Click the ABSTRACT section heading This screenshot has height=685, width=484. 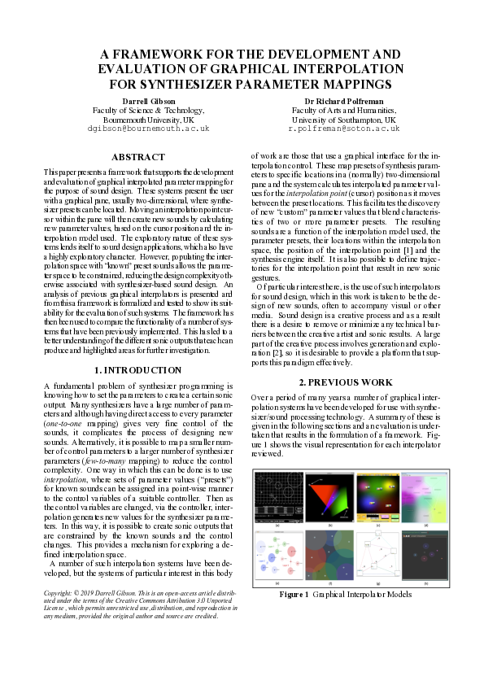coord(137,156)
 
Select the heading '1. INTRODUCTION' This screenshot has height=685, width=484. coord(137,370)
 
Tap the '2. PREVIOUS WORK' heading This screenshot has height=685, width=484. coord(346,382)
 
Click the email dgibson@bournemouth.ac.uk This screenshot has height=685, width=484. coord(148,129)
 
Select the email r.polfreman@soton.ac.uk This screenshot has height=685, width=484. coord(344,129)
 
